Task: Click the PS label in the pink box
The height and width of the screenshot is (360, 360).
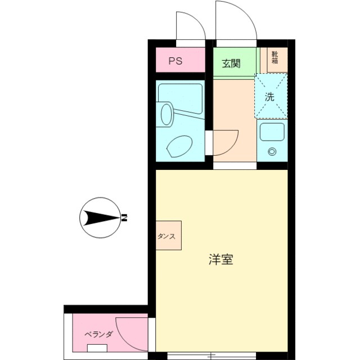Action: (175, 61)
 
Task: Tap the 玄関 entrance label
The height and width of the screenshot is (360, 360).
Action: (231, 63)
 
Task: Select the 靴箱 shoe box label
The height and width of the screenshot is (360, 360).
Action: (275, 57)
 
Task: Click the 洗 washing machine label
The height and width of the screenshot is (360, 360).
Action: (271, 96)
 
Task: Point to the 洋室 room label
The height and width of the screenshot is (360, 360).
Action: (221, 260)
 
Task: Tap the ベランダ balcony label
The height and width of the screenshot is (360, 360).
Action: (99, 334)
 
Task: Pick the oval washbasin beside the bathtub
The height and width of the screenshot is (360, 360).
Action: (166, 114)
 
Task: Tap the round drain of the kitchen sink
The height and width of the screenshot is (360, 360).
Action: (273, 151)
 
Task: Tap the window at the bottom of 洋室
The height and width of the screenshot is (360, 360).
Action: (211, 355)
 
